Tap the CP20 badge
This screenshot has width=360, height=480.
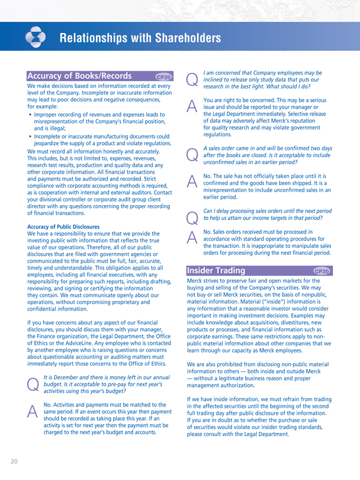[164, 77]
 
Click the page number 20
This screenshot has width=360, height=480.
[12, 460]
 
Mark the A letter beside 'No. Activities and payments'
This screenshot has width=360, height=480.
[34, 407]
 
